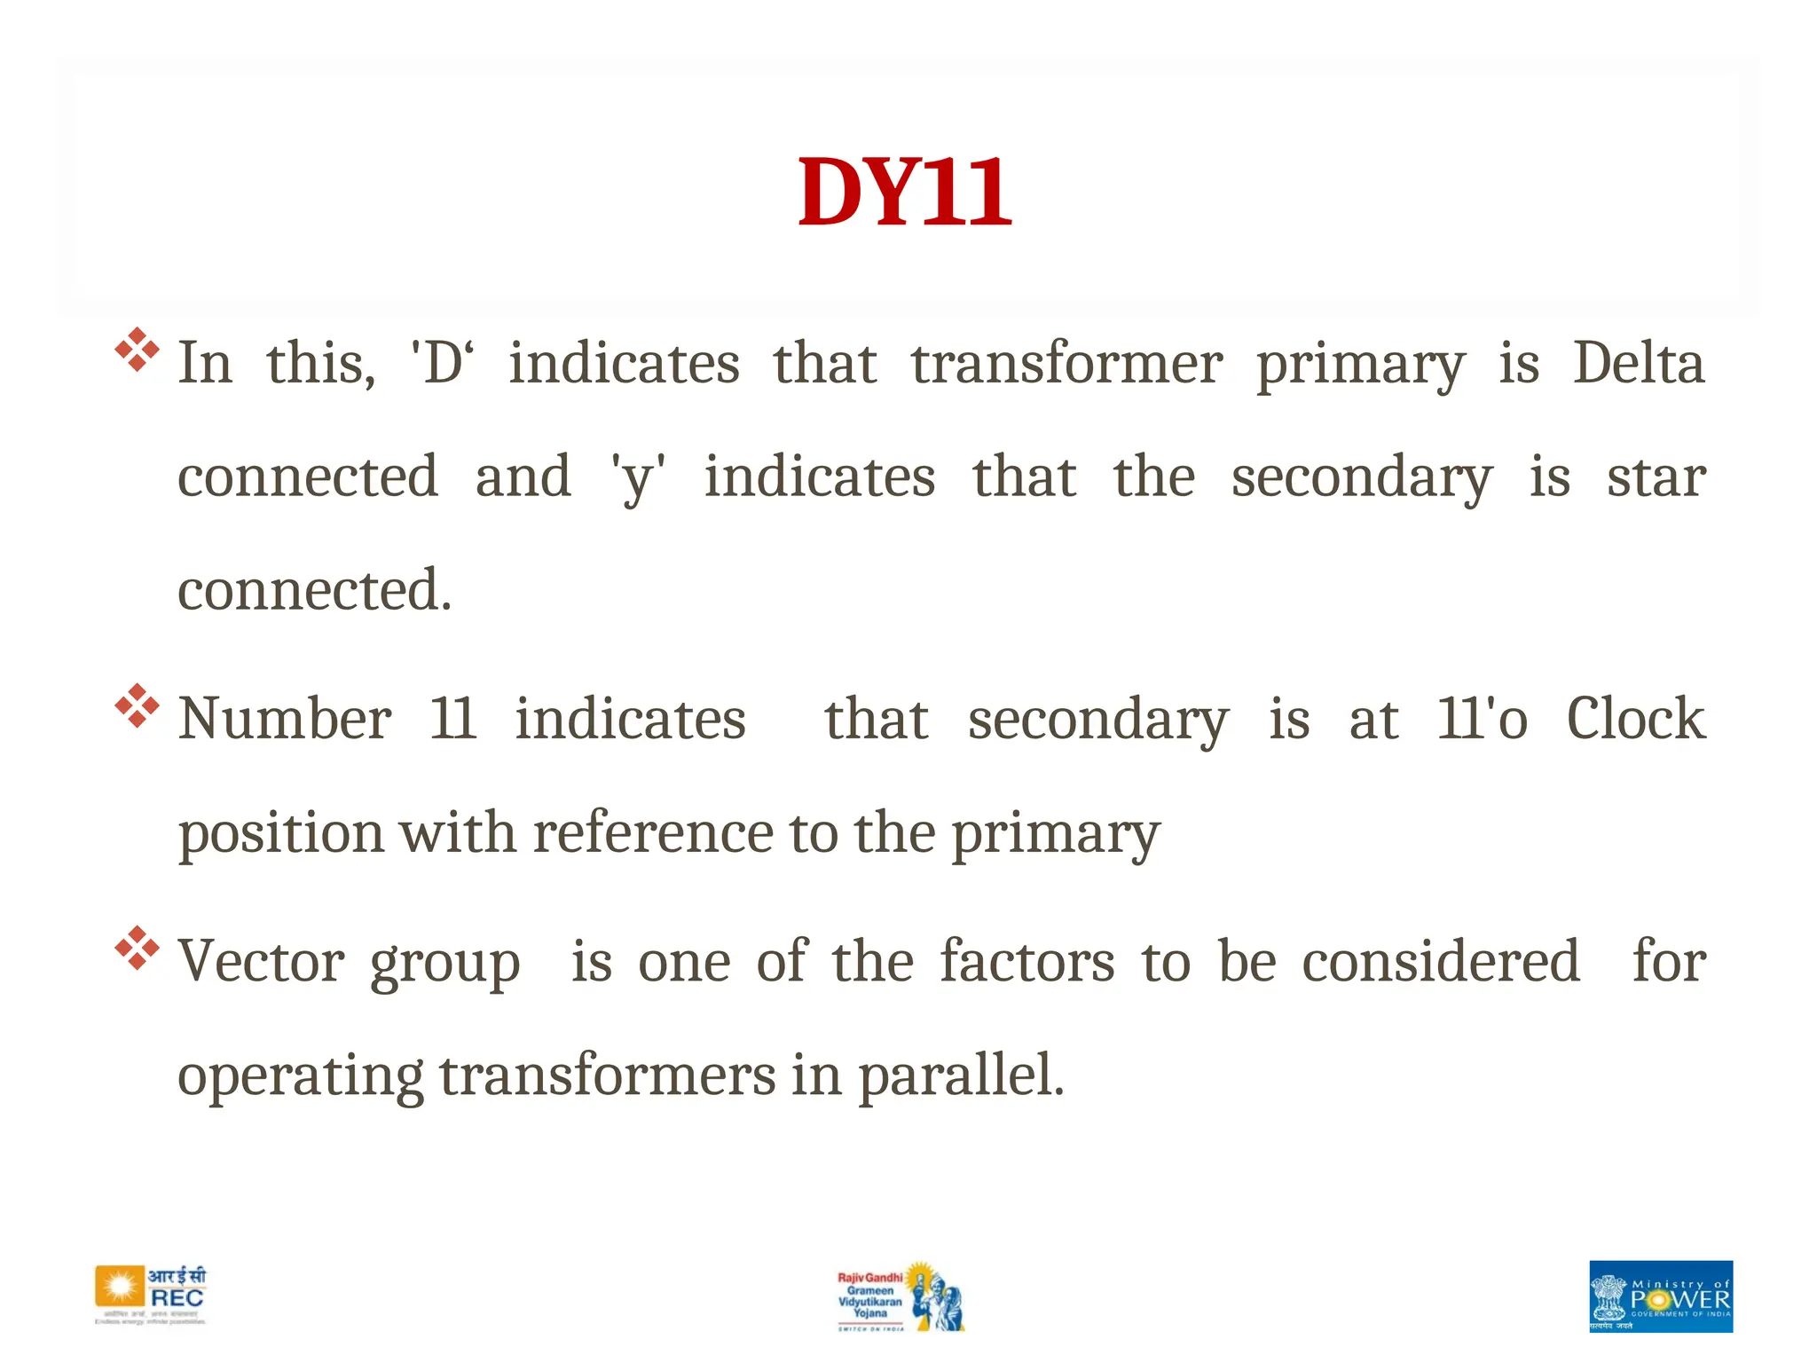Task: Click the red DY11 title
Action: (904, 193)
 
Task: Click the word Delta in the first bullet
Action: (1639, 364)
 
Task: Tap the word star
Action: (1656, 477)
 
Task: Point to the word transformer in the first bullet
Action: (1066, 364)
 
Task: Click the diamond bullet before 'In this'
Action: (138, 350)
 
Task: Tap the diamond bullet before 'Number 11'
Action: (138, 706)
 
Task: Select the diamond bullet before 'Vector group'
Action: (138, 948)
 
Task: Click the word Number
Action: (285, 719)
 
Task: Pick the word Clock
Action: (1635, 719)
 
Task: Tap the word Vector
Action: (262, 962)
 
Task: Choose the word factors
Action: (1026, 962)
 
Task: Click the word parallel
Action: (960, 1075)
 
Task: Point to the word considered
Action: (1441, 962)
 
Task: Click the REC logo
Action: (151, 1296)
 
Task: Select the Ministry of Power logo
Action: (1660, 1296)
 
